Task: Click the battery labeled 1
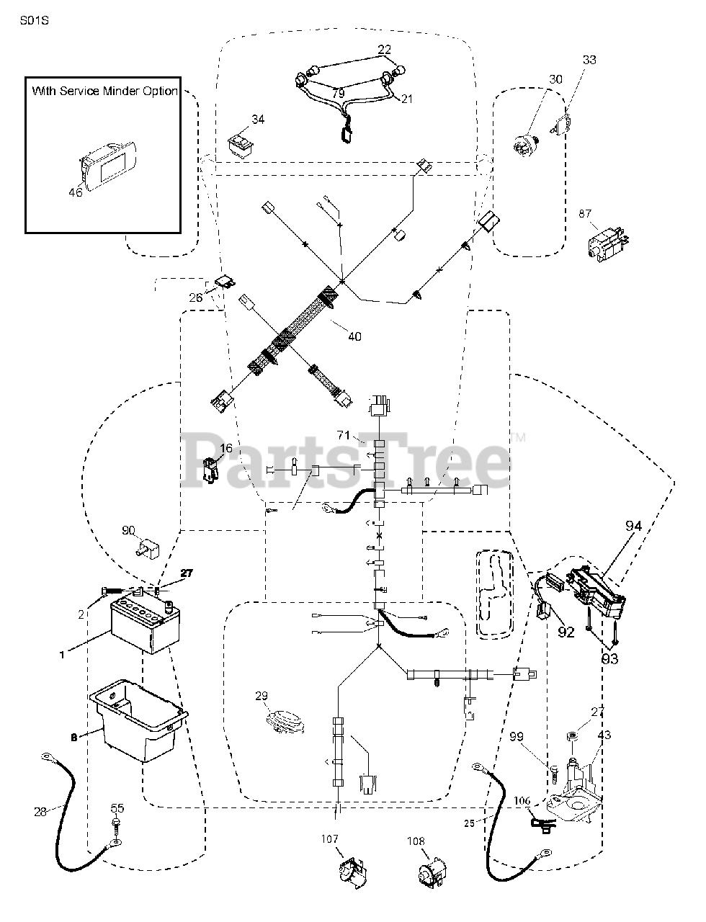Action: (144, 626)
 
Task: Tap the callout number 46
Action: (76, 192)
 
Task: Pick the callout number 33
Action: (589, 61)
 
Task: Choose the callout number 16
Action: (225, 448)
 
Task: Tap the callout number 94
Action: (633, 527)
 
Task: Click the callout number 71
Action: (343, 435)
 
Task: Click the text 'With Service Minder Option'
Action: (104, 91)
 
